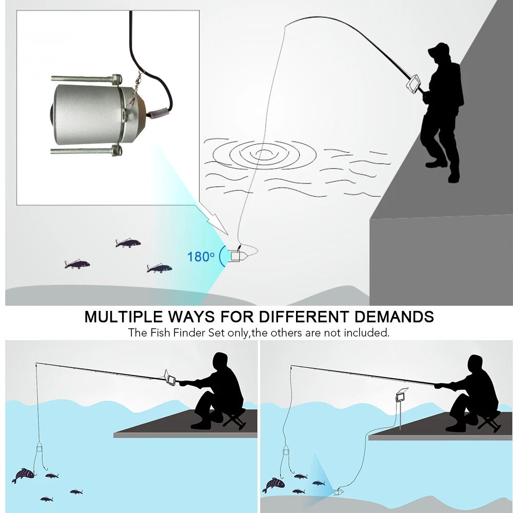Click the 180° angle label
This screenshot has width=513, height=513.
[x=201, y=256]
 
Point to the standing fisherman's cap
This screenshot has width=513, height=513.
[x=439, y=50]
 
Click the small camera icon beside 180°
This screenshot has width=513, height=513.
[x=236, y=255]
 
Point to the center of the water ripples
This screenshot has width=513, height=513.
[x=263, y=152]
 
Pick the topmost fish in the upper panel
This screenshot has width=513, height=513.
[x=127, y=242]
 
